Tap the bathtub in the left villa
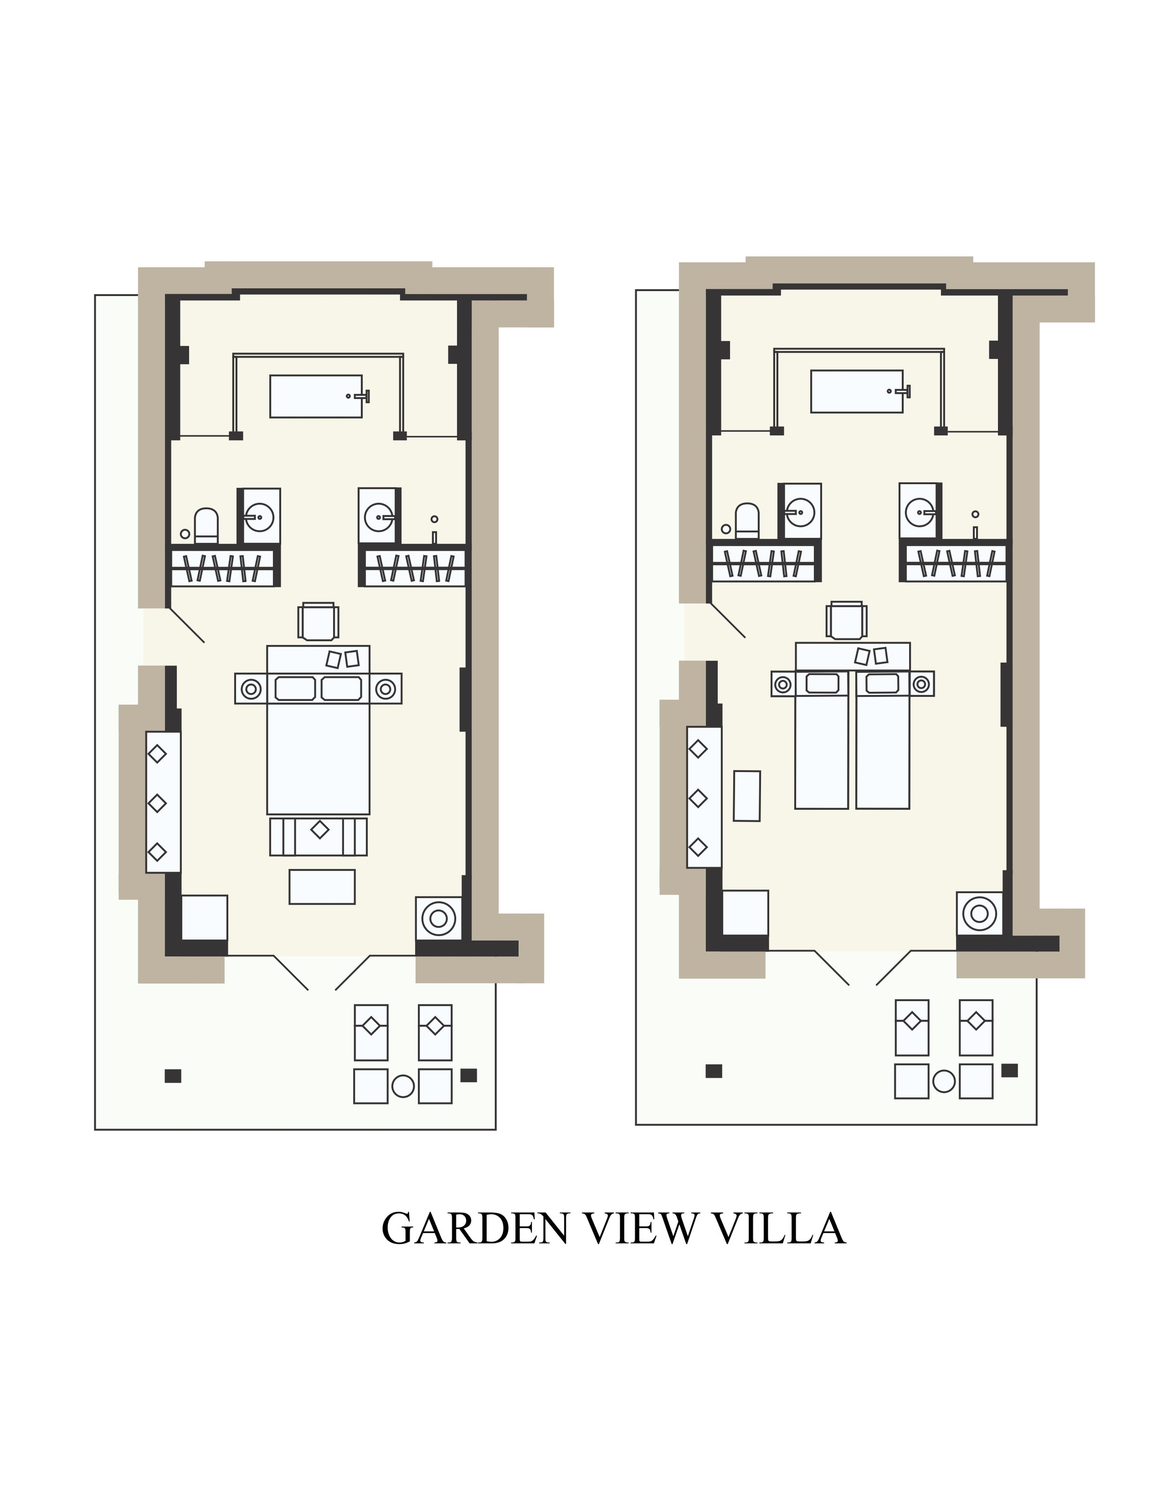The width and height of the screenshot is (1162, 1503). tap(316, 396)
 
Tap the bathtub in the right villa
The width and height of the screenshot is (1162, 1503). tap(857, 392)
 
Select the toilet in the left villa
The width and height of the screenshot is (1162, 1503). tap(206, 526)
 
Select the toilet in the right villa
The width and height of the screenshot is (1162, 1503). tap(747, 521)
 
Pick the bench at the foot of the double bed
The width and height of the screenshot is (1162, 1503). tap(318, 837)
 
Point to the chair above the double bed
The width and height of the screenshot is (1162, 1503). tap(318, 622)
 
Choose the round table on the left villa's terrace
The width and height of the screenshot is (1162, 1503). tap(403, 1086)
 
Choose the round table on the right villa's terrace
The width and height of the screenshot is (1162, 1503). tap(944, 1081)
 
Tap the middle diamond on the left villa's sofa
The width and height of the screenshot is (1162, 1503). tap(157, 803)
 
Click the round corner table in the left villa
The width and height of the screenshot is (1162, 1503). tap(438, 918)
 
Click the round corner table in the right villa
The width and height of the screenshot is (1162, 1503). tap(980, 913)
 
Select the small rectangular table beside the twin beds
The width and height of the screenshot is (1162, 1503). tap(747, 795)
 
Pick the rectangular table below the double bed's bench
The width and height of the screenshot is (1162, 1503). tap(322, 887)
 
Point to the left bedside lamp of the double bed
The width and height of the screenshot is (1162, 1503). tap(251, 688)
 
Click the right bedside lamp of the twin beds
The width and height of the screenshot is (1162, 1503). tap(920, 684)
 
